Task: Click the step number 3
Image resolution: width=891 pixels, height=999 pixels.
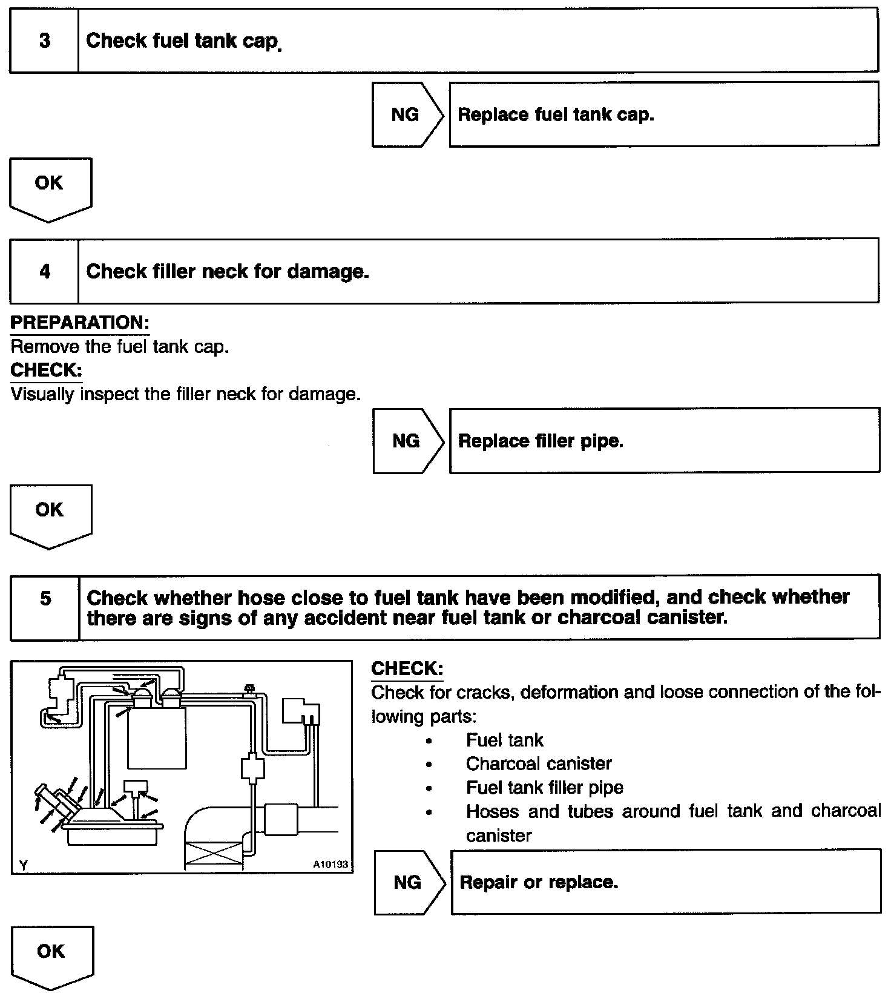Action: (x=44, y=41)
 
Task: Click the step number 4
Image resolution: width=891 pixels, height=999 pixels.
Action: (x=45, y=271)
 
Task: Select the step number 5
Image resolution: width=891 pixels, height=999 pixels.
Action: (x=45, y=599)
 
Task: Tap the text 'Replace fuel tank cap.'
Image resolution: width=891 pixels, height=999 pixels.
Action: (x=556, y=114)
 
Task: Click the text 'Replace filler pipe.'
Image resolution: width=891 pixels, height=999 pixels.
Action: (x=541, y=441)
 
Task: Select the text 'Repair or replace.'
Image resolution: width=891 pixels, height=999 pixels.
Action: (x=539, y=882)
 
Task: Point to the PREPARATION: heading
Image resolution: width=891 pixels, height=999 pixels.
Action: (x=80, y=323)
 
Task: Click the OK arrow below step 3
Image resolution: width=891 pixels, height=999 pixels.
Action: (x=50, y=188)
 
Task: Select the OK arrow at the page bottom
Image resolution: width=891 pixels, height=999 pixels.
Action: (x=51, y=956)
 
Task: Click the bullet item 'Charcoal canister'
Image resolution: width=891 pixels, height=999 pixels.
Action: (x=538, y=763)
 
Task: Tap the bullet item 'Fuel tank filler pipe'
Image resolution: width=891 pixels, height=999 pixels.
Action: (x=544, y=787)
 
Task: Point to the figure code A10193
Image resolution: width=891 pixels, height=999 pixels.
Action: (x=330, y=865)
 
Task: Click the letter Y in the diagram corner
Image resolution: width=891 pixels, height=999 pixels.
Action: (x=23, y=865)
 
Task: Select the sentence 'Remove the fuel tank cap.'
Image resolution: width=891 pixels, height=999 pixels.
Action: (x=120, y=347)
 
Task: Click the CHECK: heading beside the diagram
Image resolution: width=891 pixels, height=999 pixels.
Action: (x=407, y=669)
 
